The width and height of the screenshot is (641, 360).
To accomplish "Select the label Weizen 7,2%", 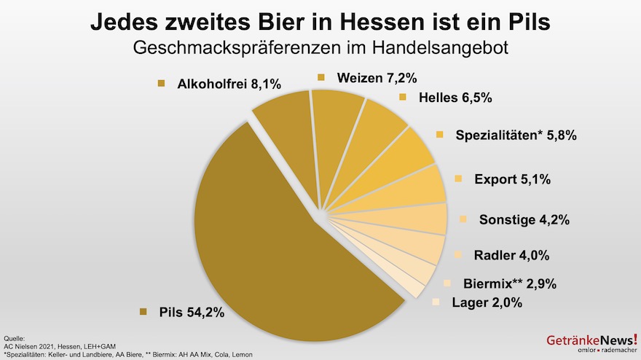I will point(377,77).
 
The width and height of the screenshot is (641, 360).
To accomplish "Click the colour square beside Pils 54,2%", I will point(143,313).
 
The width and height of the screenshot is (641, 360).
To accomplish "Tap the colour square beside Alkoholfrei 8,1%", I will point(162,85).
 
